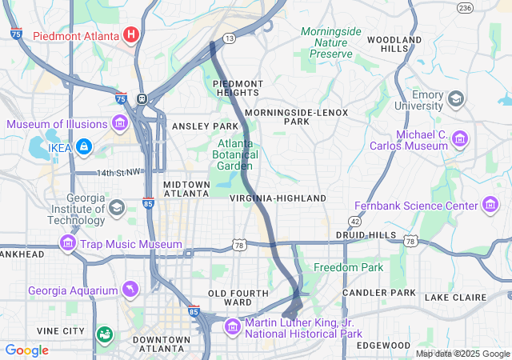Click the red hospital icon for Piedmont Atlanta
tap(131, 35)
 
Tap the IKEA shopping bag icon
tap(84, 147)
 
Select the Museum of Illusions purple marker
tap(120, 123)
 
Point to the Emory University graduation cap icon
tap(455, 99)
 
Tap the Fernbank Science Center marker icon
tap(490, 206)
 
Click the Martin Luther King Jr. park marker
tap(232, 326)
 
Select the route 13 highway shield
tap(229, 38)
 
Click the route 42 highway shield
tap(354, 220)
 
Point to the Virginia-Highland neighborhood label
tap(278, 198)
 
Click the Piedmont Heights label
tap(237, 88)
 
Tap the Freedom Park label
tap(348, 267)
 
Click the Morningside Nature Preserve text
tap(331, 42)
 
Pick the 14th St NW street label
tap(118, 173)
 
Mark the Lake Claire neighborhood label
tap(455, 298)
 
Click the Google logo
tap(26, 350)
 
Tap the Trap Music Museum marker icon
tap(67, 243)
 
